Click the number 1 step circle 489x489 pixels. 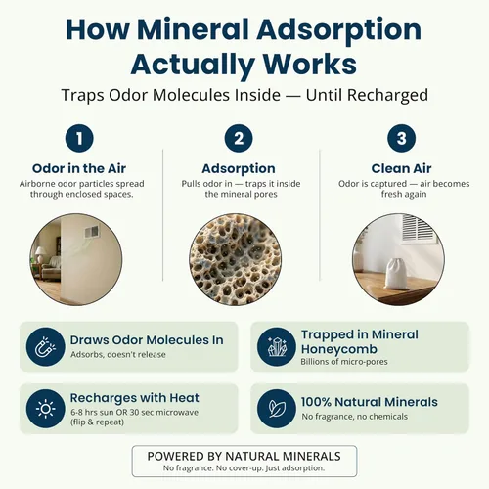pos(79,138)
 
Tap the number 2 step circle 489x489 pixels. pos(239,138)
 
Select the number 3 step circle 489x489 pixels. pos(401,138)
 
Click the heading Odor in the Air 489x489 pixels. pos(79,168)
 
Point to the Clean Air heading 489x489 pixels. pos(401,168)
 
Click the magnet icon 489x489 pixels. pos(46,347)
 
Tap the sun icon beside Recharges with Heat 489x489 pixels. pos(46,409)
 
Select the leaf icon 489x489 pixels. pos(277,409)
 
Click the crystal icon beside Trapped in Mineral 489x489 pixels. pos(277,347)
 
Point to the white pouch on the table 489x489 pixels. pos(397,273)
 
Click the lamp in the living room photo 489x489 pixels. pos(41,254)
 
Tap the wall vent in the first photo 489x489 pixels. pos(92,232)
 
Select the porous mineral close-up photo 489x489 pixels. pos(236,259)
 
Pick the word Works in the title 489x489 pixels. pos(310,64)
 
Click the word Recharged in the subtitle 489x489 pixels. pos(387,95)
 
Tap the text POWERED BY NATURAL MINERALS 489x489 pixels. pos(244,456)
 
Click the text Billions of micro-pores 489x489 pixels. pos(344,362)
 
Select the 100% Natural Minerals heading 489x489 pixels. pos(370,402)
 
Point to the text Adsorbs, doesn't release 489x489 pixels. pos(118,354)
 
